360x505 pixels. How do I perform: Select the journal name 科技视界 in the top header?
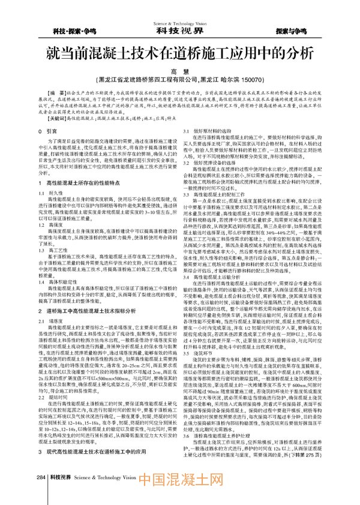click(179, 29)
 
